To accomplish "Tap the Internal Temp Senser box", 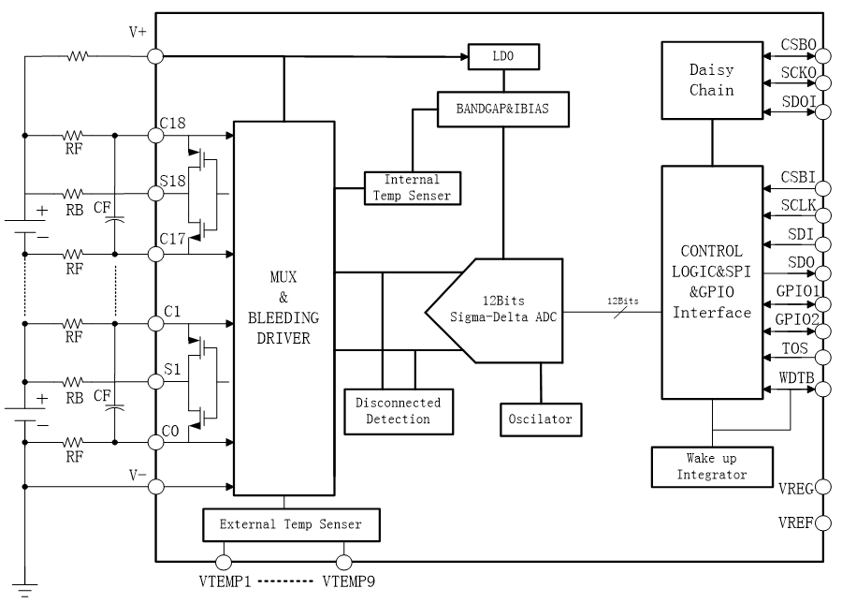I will [x=410, y=187].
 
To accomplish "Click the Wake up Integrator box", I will [x=712, y=466].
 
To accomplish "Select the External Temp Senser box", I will [x=294, y=524].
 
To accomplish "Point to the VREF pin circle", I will [x=823, y=522].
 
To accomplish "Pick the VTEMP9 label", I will [x=352, y=581].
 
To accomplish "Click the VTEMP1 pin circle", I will [x=224, y=562].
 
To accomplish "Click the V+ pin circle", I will [x=156, y=56].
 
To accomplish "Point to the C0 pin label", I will [x=169, y=431].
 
